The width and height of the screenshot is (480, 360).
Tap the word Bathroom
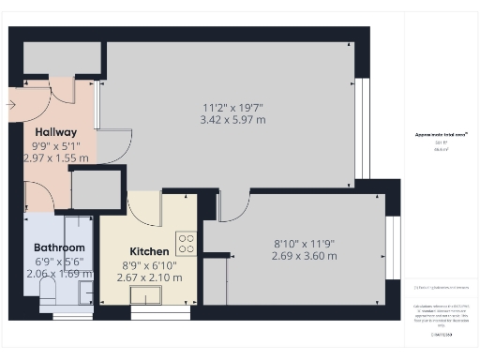tap(59, 247)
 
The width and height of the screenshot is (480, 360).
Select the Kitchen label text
tap(150, 251)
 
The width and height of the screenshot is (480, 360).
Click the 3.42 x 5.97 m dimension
tap(232, 120)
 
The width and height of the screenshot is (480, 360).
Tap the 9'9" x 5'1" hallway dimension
tap(56, 146)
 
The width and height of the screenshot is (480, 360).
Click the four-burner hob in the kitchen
tap(186, 245)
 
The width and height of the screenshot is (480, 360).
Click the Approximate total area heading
tap(441, 135)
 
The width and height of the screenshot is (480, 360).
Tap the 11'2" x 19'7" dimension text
tap(232, 107)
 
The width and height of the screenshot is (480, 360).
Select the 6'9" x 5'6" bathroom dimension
tap(59, 261)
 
